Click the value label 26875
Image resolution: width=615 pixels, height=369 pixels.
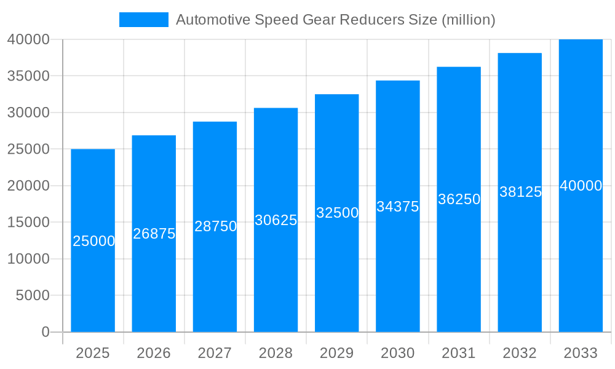click(154, 234)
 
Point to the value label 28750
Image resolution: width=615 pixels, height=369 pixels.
click(215, 226)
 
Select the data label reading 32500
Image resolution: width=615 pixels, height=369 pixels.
click(337, 213)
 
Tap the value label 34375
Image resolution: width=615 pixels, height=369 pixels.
click(398, 207)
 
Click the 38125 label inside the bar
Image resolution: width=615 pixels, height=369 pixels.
click(520, 192)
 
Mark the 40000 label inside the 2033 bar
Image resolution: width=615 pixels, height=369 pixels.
click(581, 186)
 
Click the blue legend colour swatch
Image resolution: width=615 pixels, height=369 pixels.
click(143, 20)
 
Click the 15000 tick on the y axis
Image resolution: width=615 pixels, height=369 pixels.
click(28, 223)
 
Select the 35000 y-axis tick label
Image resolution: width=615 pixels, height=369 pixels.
click(28, 76)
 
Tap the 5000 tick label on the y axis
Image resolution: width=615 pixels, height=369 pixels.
click(32, 296)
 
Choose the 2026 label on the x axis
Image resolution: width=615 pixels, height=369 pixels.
click(154, 353)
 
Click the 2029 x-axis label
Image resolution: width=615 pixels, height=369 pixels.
click(337, 353)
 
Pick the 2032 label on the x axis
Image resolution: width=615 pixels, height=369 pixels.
click(520, 353)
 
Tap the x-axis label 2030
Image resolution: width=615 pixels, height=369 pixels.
click(398, 353)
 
